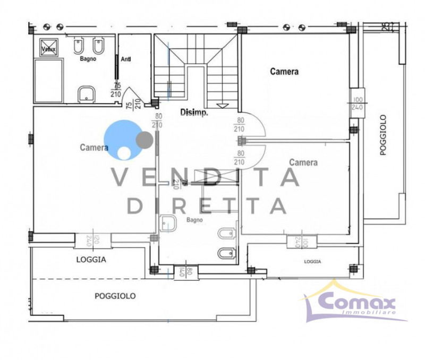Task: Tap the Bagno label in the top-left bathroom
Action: tap(88, 59)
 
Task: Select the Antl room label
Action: tap(126, 59)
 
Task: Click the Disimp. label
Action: tap(194, 113)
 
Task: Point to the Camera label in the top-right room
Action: tap(284, 71)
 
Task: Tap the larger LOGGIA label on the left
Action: tap(91, 260)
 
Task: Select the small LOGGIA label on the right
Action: tap(312, 262)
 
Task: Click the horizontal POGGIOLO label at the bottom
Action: tap(115, 296)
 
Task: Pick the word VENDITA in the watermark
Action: tap(205, 177)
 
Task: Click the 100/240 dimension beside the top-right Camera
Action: tap(356, 103)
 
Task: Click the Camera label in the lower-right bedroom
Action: tap(303, 162)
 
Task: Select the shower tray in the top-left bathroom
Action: tap(48, 80)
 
